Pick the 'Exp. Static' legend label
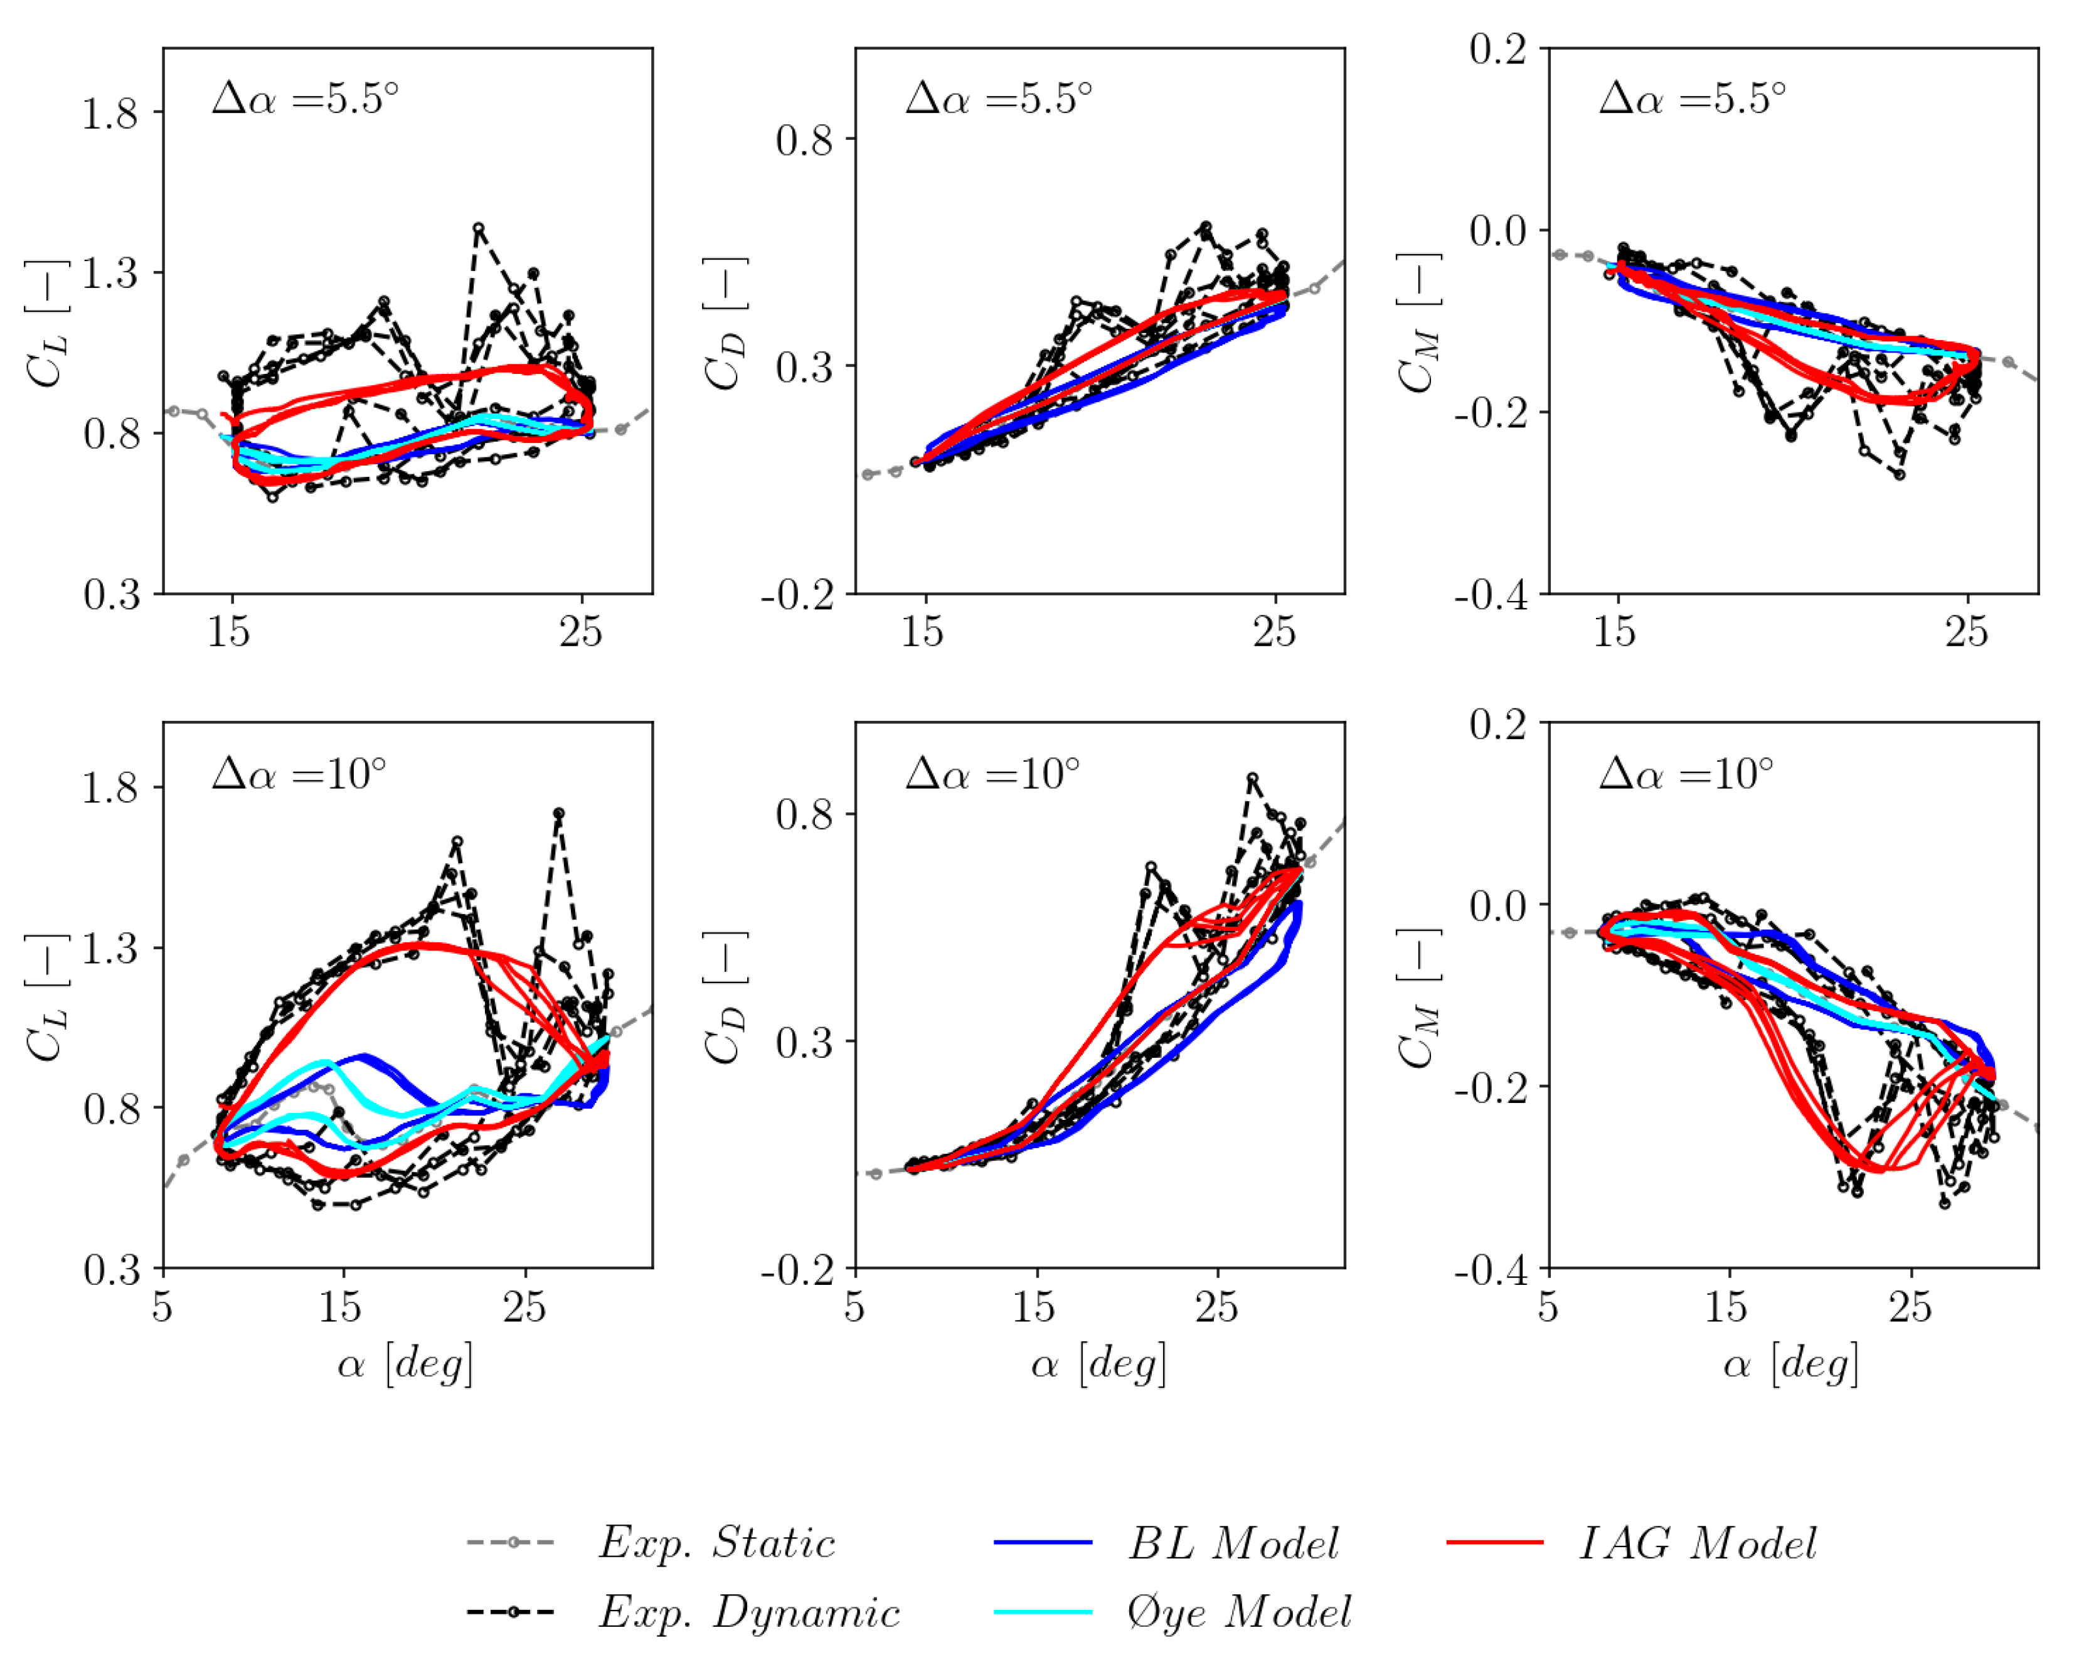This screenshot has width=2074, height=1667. tap(716, 1543)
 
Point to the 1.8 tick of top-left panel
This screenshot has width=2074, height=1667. tap(110, 114)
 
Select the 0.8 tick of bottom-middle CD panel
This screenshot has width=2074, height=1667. tap(803, 815)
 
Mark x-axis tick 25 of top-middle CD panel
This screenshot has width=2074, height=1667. tap(1275, 632)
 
